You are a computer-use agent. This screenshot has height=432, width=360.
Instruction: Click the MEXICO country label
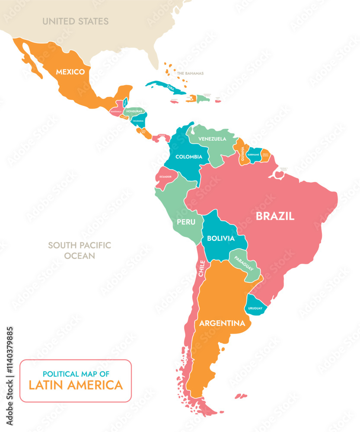(70, 72)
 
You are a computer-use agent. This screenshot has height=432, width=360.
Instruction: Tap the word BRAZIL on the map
(275, 216)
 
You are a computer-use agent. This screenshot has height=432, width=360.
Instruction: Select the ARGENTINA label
(222, 323)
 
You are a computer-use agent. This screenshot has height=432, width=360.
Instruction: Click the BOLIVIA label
(220, 238)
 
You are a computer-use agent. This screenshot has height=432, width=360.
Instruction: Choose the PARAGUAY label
(244, 263)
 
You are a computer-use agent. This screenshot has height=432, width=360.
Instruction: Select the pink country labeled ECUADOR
(165, 177)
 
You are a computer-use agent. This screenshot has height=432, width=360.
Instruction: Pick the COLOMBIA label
(188, 157)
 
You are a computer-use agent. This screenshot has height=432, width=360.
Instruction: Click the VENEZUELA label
(212, 139)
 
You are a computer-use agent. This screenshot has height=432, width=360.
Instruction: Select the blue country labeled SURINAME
(254, 154)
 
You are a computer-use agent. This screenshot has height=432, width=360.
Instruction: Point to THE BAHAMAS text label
(190, 73)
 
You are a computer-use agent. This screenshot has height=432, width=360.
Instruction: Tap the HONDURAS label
(134, 111)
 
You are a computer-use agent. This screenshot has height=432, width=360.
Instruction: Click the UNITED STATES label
(75, 21)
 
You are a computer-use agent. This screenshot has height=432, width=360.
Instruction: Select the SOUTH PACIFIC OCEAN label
(79, 251)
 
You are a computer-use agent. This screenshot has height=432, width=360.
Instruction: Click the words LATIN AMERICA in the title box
(76, 385)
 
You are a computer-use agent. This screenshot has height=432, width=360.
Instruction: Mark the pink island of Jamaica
(174, 101)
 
